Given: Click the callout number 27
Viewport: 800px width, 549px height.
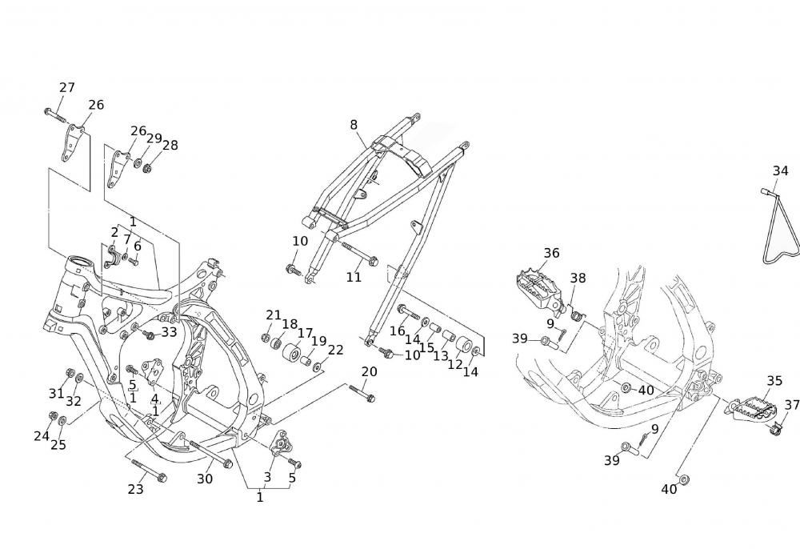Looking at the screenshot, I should [x=67, y=87].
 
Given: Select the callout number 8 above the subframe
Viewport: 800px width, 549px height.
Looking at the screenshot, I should [x=354, y=124].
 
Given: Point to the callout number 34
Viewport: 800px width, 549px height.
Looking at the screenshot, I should [x=781, y=170].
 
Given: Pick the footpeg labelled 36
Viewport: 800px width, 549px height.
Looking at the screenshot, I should [x=538, y=287].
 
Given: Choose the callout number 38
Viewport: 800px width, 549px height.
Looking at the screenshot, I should [x=578, y=279].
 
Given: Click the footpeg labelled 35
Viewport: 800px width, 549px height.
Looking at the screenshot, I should [x=754, y=409].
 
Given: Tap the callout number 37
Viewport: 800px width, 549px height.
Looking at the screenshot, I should [x=792, y=405].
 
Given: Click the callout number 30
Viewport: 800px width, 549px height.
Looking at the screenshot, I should [x=206, y=479].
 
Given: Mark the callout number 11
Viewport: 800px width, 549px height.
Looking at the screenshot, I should [x=354, y=277].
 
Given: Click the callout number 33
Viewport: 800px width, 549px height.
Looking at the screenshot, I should [x=169, y=331].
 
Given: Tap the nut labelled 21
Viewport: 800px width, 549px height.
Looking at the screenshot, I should [x=266, y=337].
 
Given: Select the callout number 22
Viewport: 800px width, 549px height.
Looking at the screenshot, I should [x=335, y=350].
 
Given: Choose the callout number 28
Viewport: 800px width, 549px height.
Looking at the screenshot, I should [x=170, y=145].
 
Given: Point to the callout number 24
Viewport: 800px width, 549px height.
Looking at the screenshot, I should [x=42, y=435].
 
